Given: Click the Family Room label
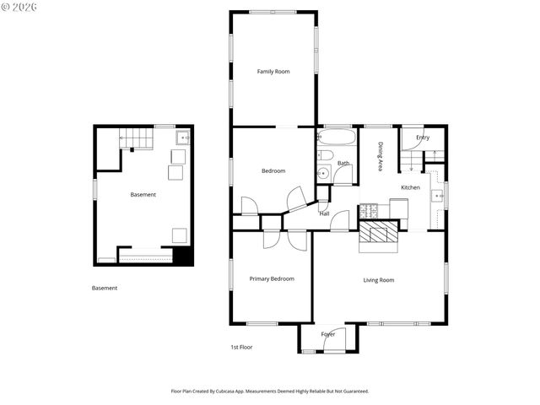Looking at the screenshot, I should click(x=273, y=72).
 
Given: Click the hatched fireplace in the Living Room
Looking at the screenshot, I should click(x=377, y=235).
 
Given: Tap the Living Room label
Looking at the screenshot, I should click(x=379, y=280).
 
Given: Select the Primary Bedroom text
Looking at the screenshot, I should click(x=272, y=278).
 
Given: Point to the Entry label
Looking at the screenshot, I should click(x=423, y=138).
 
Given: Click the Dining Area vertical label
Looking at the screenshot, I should click(x=381, y=157).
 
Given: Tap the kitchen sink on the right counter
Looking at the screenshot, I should click(x=438, y=196).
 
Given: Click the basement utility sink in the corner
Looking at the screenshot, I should click(x=183, y=137).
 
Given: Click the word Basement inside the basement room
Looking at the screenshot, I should click(x=143, y=195).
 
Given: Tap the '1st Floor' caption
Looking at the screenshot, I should click(x=241, y=347).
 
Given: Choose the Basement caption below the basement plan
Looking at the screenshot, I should click(x=105, y=288).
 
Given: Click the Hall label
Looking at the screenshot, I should click(x=324, y=213).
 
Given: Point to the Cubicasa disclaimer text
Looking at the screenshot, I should click(x=270, y=391).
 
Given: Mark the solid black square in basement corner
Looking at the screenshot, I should click(x=183, y=256).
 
